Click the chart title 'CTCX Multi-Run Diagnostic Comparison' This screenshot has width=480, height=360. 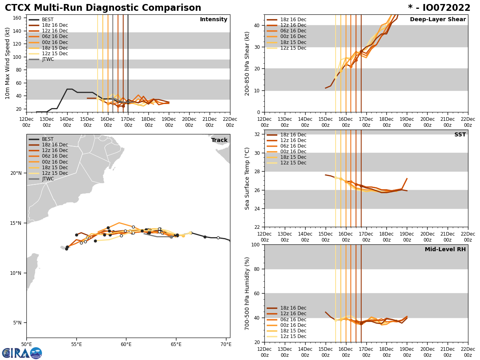pos(103,8)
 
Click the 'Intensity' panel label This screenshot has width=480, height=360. pos(214,20)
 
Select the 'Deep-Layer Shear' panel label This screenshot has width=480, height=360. pos(438,20)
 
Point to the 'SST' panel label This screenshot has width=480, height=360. pos(460,135)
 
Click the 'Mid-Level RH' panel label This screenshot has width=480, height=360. pos(445,250)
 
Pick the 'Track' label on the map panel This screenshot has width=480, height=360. pos(219,140)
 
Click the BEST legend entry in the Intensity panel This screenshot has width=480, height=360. pos(48,20)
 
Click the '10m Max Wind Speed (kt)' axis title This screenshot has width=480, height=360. pos(8,63)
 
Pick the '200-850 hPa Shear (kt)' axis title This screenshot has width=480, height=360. pos(247,63)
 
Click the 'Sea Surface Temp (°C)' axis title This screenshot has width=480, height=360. pos(247,178)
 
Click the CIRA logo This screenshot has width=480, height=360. pos(22,353)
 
